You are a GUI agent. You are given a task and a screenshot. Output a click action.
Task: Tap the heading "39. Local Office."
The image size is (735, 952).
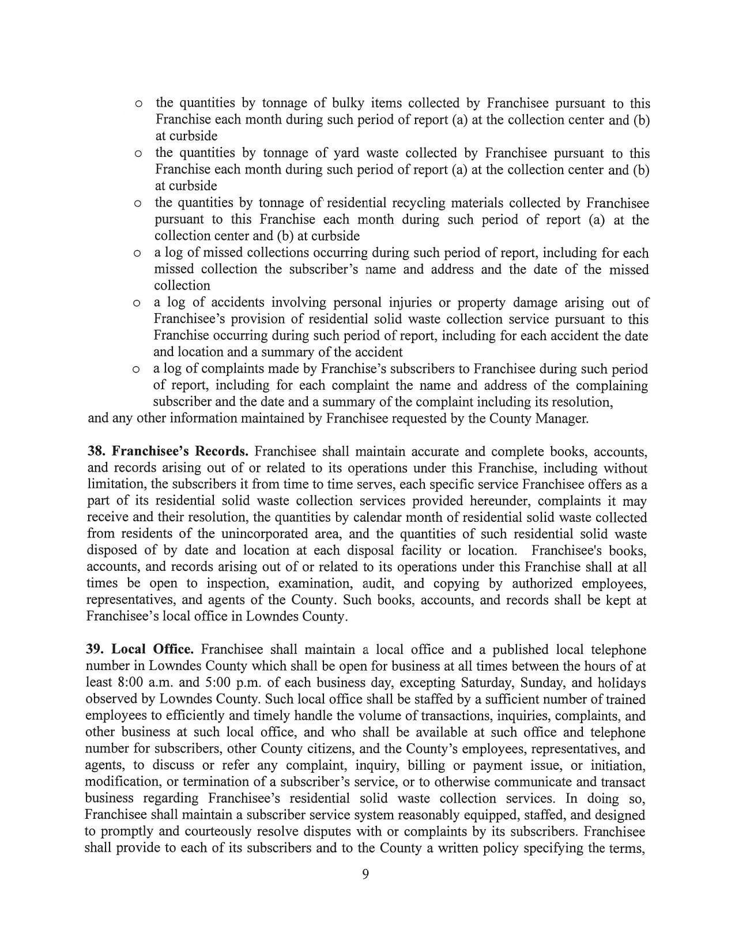[x=140, y=650]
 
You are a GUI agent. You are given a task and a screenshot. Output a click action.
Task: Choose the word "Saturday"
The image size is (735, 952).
[x=487, y=683]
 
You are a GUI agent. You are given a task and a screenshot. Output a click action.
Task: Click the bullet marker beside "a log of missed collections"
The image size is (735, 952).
[x=137, y=253]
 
